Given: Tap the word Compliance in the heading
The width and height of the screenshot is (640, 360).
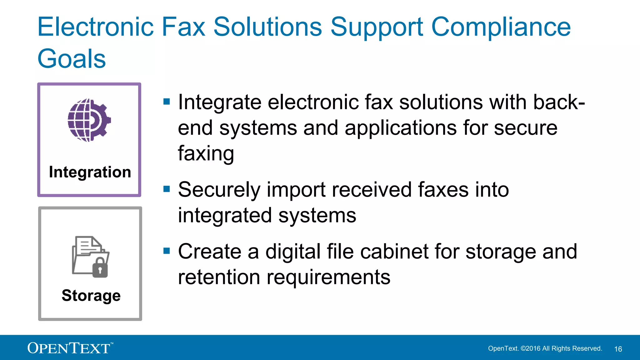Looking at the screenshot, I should click(x=501, y=27).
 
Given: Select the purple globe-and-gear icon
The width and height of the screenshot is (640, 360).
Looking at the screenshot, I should click(x=89, y=120).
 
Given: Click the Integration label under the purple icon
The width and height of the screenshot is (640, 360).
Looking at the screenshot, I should click(x=90, y=172).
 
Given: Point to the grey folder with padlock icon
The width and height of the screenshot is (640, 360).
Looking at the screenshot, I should click(x=91, y=257).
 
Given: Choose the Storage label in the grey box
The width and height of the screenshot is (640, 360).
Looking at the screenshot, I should click(x=91, y=296).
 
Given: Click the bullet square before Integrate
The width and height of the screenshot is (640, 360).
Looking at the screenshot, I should click(x=167, y=102).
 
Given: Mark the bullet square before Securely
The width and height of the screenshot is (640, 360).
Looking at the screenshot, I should click(x=167, y=189).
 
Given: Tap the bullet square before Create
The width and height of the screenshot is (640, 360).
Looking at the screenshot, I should click(x=167, y=251).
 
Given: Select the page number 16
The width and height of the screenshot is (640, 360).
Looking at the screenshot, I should click(x=618, y=349).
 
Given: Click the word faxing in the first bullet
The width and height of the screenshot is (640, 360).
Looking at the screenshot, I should click(x=206, y=153).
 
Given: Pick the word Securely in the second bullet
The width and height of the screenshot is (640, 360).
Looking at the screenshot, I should click(x=219, y=190).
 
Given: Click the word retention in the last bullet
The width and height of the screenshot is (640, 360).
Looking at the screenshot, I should click(x=219, y=277).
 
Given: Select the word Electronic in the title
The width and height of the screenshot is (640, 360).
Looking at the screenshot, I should click(x=96, y=27).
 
